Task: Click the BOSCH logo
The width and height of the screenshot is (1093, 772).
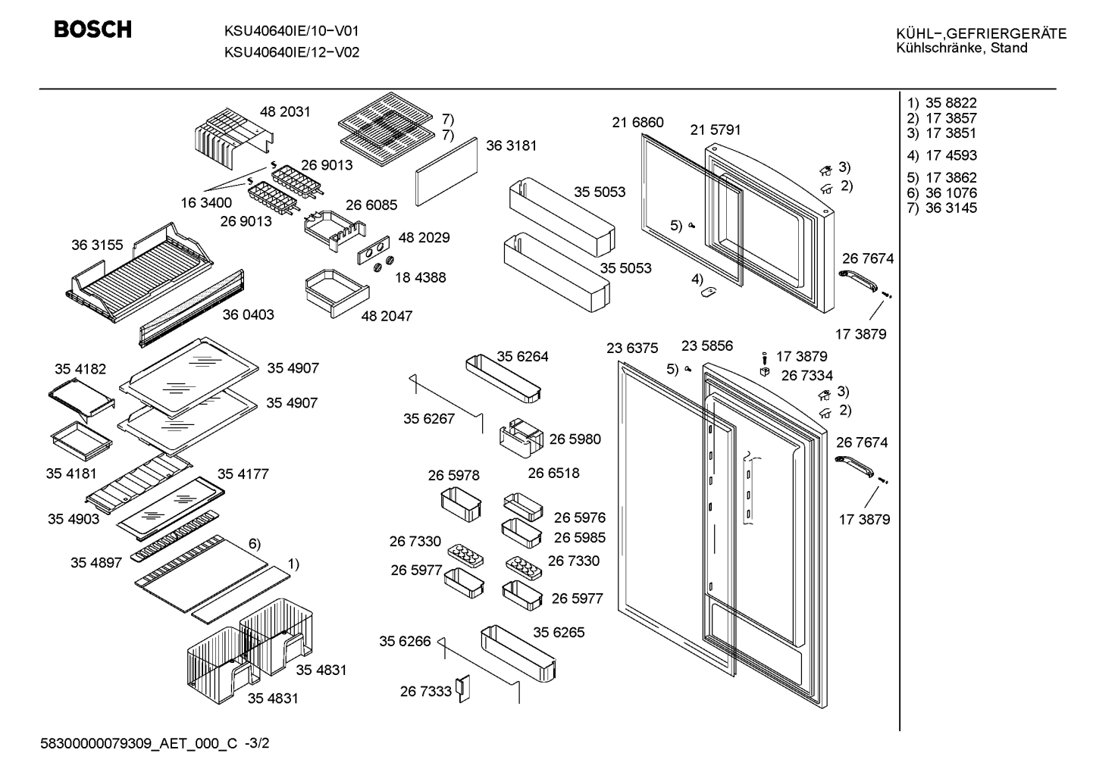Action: pos(92,30)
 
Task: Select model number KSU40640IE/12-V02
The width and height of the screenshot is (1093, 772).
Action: pos(292,52)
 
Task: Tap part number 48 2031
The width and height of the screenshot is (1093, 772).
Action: pos(285,111)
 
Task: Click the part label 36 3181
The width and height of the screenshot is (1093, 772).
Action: pos(511,145)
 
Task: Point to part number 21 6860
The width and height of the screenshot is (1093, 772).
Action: pos(637,122)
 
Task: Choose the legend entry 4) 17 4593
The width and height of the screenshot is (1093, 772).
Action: pos(941,155)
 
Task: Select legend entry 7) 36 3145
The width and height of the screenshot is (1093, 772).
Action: pos(941,208)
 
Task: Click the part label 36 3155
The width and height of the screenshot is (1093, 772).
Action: pos(97,245)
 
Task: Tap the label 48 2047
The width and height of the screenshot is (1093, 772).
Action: pos(387,316)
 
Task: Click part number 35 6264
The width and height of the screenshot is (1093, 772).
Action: pos(522,357)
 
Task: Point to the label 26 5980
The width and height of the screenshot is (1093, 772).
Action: pos(575,439)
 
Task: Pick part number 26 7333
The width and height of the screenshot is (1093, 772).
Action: pos(425,692)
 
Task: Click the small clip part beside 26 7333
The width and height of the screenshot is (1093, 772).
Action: pos(462,689)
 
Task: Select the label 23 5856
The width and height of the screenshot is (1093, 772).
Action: pos(707,345)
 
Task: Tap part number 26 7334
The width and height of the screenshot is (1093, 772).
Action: pos(806,376)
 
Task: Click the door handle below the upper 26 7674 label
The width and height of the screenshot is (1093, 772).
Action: pos(858,281)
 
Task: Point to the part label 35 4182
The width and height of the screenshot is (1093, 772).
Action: pos(80,369)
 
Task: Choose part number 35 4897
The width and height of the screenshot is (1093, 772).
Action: pos(96,563)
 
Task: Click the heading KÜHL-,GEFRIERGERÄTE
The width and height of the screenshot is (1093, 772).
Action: pos(982,33)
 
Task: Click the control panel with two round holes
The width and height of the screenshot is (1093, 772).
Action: pos(374,250)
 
